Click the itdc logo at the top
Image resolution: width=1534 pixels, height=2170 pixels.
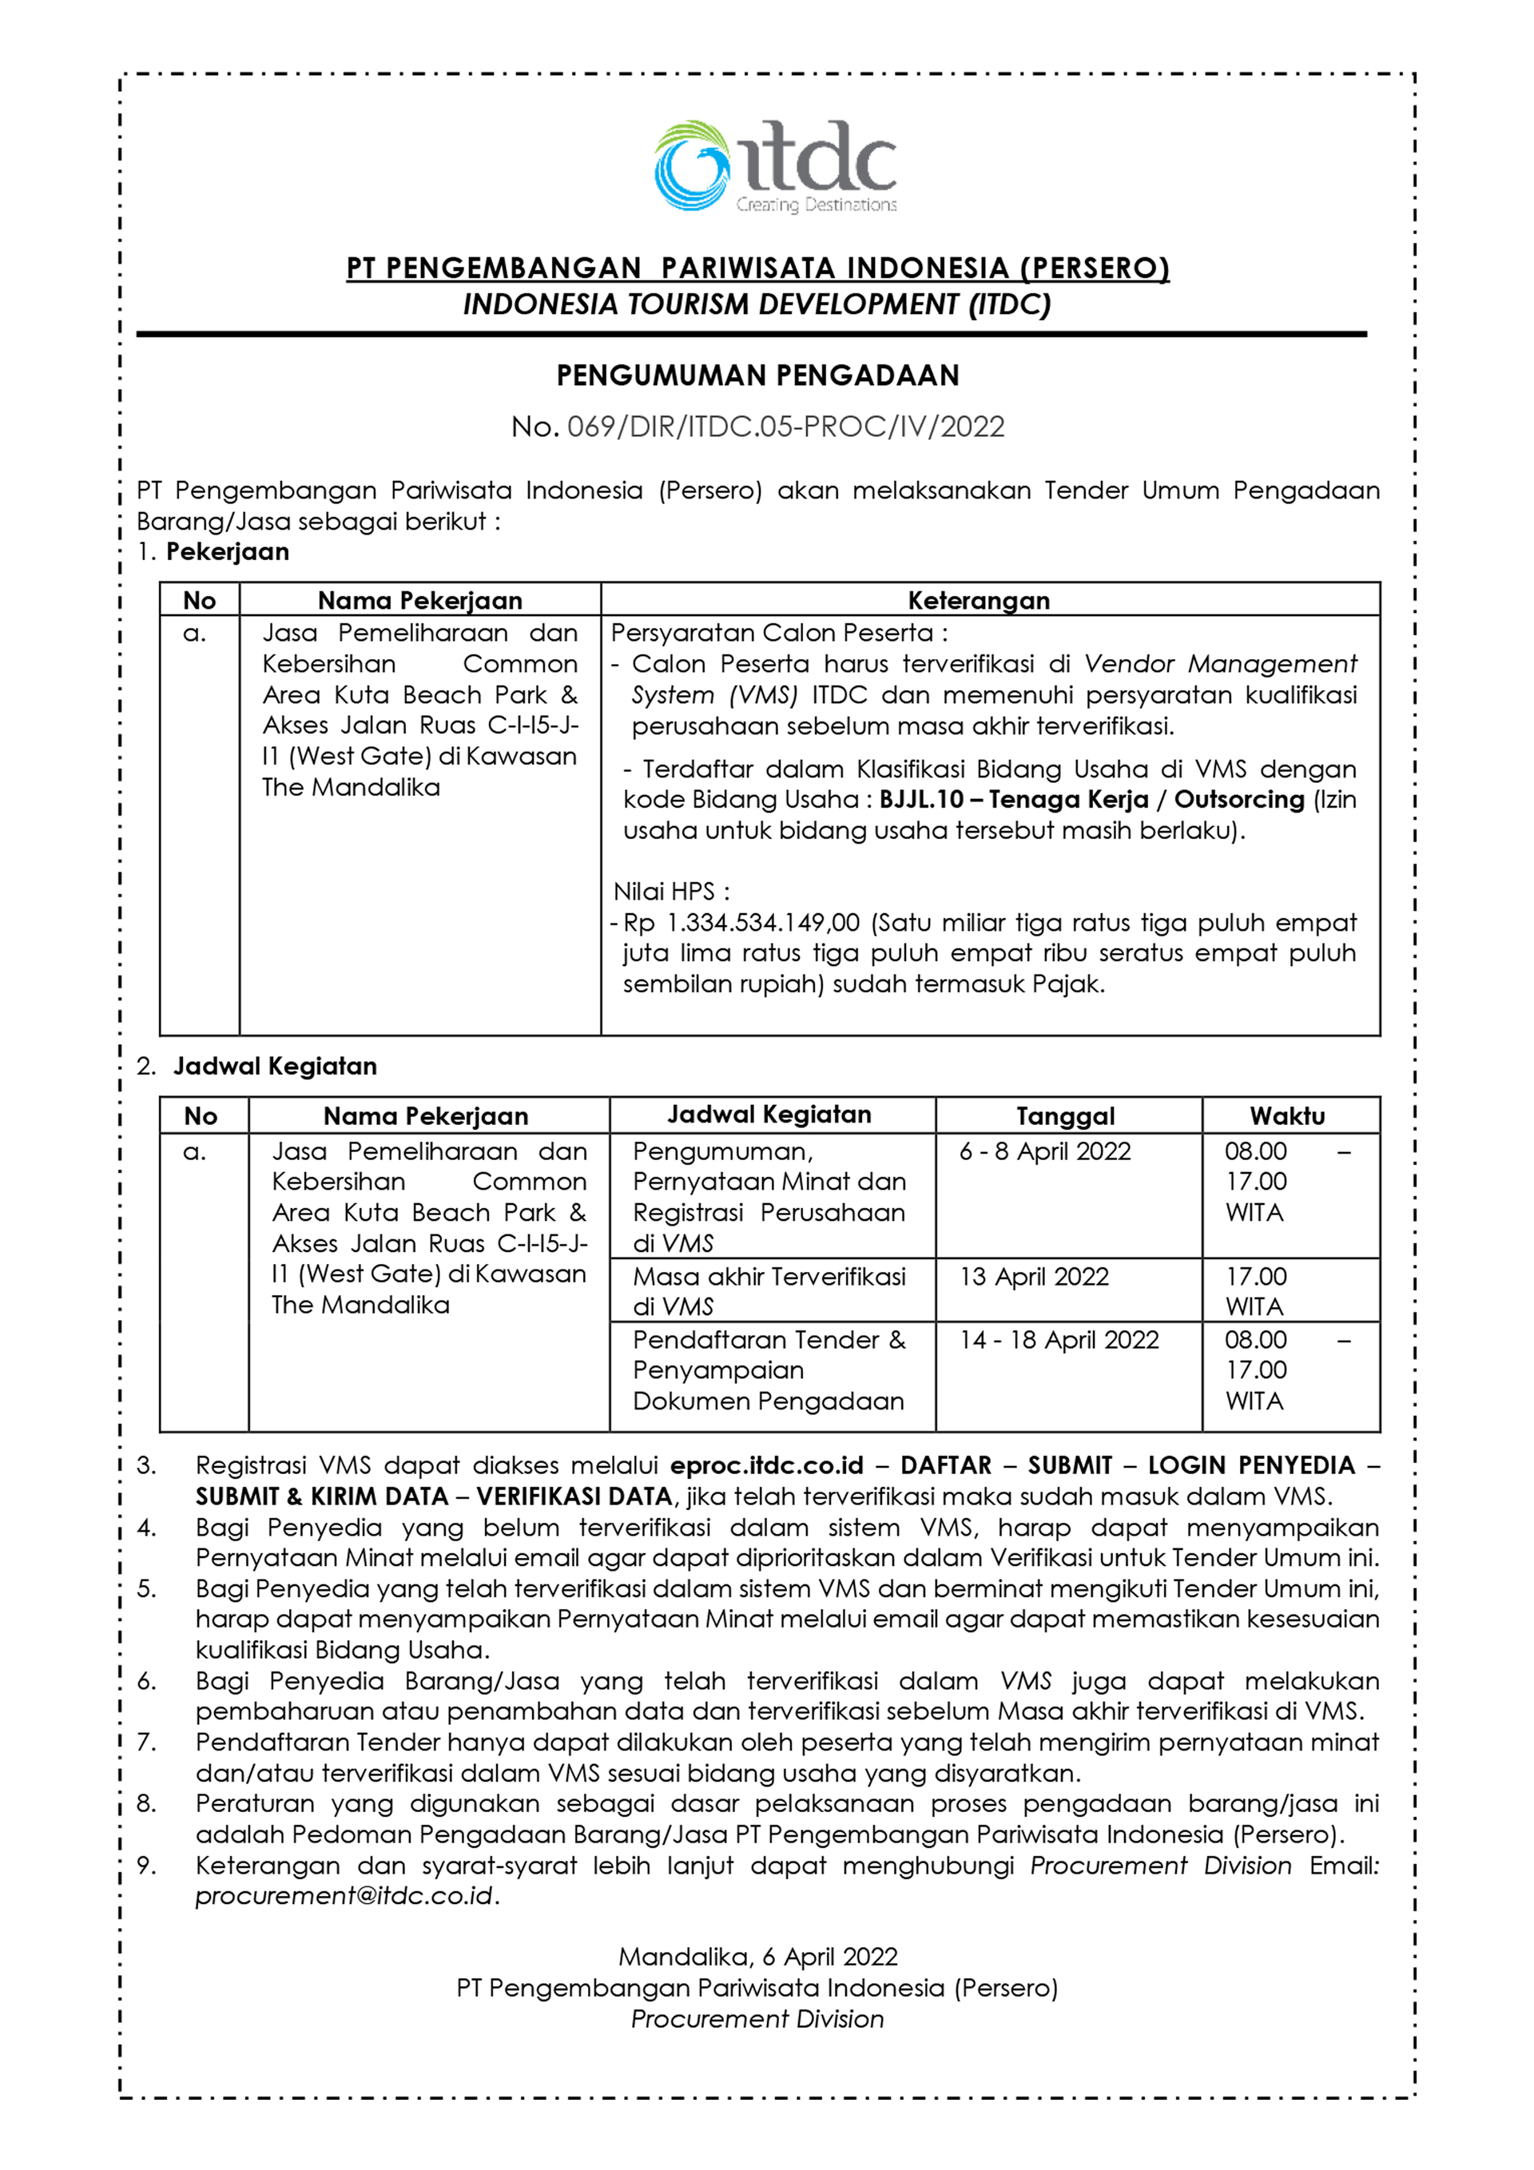coord(774,166)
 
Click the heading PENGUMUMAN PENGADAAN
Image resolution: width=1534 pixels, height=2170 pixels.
coord(757,376)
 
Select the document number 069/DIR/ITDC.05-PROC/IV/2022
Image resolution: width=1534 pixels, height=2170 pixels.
coord(785,427)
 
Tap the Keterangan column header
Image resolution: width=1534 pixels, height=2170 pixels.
coord(978,600)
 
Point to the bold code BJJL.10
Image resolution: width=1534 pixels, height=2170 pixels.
coord(920,800)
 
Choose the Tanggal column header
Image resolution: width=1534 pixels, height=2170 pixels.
coord(1065,1115)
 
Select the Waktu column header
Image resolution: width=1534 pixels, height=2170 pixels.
coord(1286,1115)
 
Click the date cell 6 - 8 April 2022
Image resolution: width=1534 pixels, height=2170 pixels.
coord(1044,1151)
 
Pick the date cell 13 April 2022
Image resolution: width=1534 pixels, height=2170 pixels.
coord(1034,1276)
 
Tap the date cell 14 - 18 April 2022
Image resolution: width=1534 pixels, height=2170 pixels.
coord(1059,1339)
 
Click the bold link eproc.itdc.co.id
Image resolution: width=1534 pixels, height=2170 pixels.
coord(766,1465)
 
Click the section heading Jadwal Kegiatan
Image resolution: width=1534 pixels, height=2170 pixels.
coord(274,1066)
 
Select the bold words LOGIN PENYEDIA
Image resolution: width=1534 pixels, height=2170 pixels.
coord(1251,1465)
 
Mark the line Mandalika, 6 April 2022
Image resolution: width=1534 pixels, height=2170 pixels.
coord(757,1957)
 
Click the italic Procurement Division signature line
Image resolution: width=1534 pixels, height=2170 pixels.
coord(757,2019)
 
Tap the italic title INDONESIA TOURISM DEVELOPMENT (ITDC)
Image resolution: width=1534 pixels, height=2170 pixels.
coord(757,304)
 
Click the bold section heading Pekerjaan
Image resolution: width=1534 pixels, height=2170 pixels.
coord(227,552)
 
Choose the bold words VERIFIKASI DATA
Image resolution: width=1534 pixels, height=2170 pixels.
coord(574,1496)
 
